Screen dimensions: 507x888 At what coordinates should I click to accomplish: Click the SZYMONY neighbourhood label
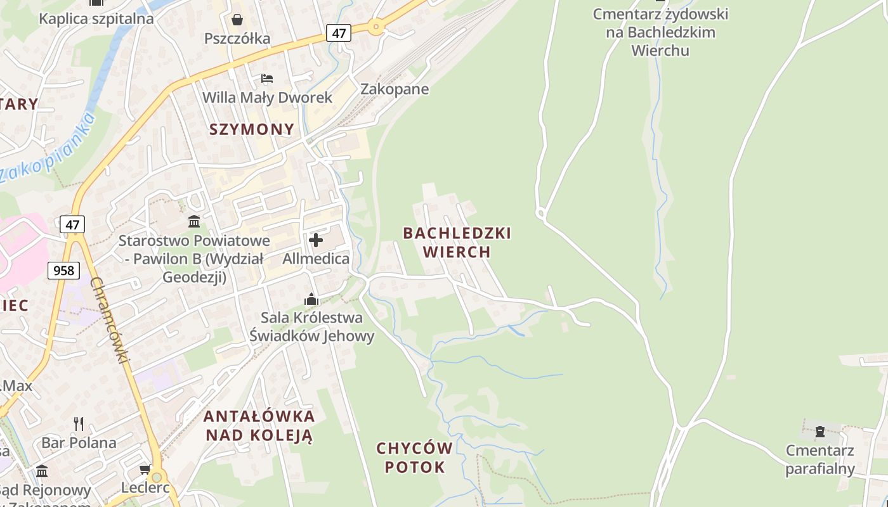252,129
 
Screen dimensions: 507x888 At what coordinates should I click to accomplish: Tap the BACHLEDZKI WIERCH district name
457,242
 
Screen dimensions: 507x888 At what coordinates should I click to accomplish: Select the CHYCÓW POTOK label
415,458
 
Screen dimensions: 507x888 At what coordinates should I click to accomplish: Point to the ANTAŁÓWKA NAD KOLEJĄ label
259,425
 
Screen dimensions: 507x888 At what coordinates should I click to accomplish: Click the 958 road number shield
63,271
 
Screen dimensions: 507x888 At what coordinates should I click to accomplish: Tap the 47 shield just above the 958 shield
72,224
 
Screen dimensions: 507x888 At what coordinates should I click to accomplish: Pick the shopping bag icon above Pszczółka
237,20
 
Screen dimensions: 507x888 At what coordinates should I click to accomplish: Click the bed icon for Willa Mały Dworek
267,79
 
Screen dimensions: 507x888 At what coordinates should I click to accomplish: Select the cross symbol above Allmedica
315,240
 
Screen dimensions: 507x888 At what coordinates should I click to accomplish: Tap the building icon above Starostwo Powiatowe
194,222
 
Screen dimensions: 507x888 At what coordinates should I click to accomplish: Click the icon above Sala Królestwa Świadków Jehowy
311,299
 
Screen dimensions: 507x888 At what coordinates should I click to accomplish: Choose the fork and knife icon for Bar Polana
79,423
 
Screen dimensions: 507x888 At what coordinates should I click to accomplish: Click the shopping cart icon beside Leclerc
145,470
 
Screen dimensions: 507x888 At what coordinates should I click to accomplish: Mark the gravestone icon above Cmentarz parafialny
819,432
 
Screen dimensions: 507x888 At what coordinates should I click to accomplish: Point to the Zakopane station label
395,89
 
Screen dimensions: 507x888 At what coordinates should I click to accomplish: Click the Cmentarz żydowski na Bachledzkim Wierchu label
660,32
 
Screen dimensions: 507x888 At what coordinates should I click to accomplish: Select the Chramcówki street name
110,321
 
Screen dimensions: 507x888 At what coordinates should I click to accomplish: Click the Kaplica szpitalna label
96,18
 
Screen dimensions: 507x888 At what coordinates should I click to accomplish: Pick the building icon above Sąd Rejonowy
42,472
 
